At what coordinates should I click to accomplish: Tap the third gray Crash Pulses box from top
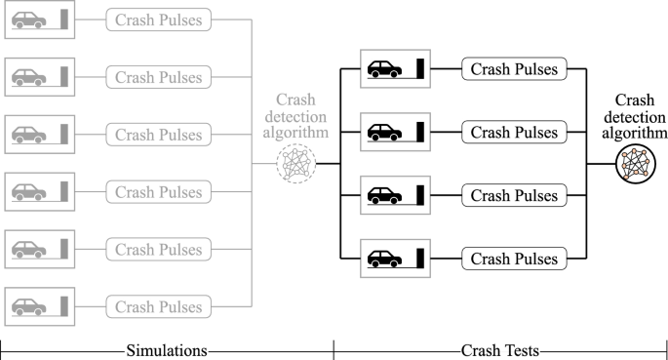[158, 134]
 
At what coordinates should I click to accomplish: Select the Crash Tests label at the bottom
[500, 349]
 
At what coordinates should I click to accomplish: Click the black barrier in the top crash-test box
[421, 68]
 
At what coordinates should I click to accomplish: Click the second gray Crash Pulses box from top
[158, 77]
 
